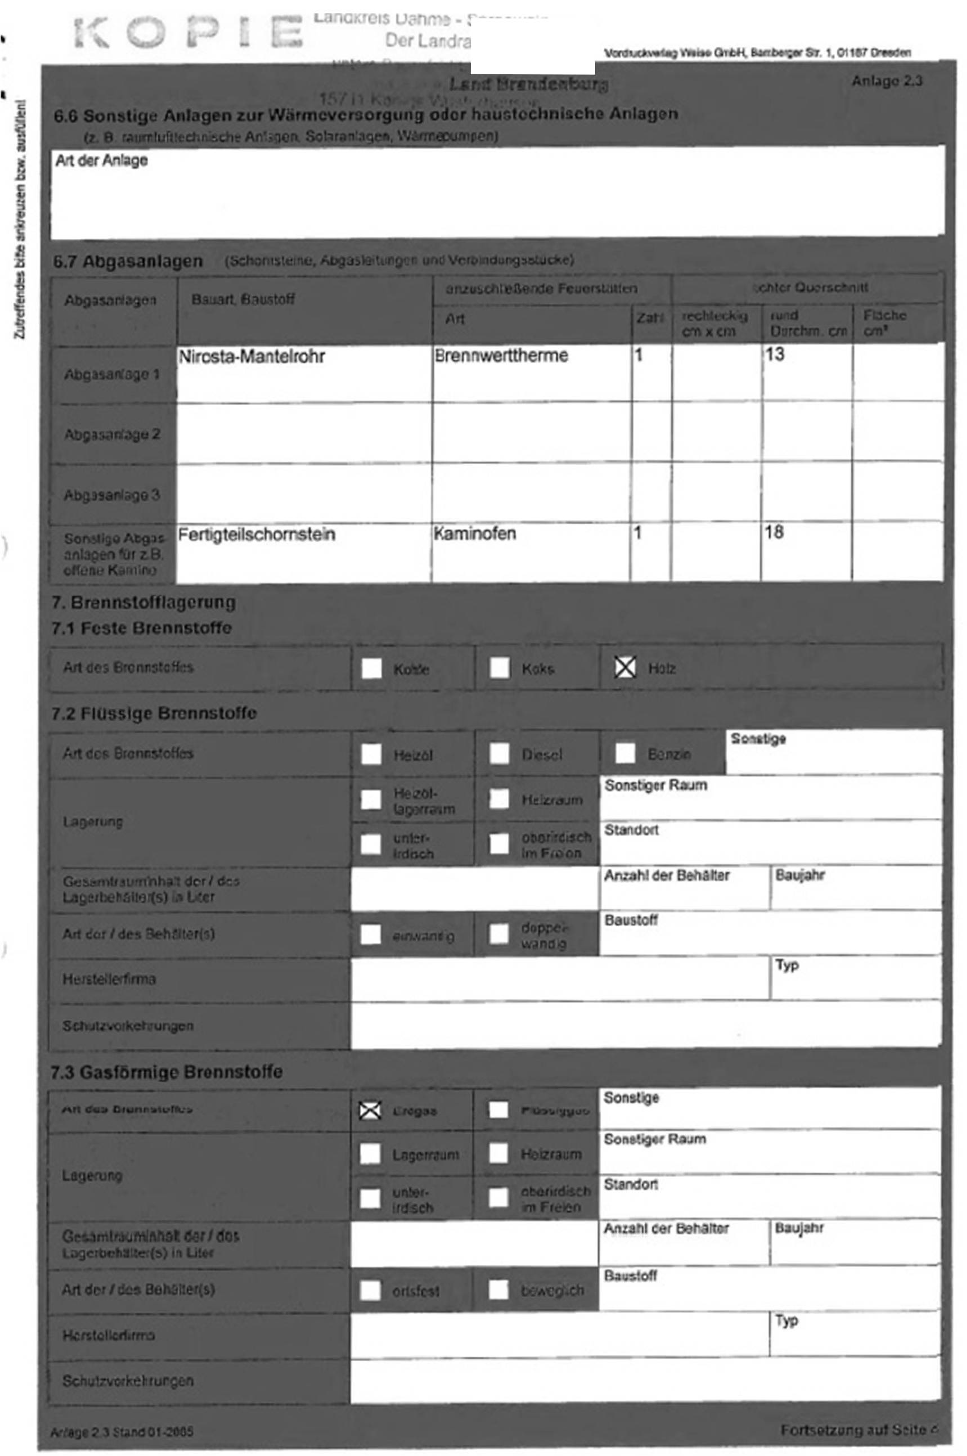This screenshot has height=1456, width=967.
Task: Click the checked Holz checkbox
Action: [625, 667]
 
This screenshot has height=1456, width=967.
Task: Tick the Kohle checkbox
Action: [371, 668]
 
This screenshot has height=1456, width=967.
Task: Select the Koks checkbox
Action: [499, 667]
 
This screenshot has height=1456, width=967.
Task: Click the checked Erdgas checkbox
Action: [370, 1111]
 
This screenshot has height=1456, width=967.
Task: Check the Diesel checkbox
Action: [499, 753]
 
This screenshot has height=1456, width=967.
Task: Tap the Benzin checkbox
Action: [625, 753]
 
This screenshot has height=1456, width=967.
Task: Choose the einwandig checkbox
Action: [370, 934]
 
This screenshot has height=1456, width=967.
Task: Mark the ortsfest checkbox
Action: [370, 1289]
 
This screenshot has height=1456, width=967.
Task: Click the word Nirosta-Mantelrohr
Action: [251, 357]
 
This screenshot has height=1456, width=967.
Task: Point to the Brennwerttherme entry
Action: [501, 356]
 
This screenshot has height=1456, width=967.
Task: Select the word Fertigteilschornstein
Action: [257, 534]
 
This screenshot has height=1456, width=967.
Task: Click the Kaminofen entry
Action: [475, 533]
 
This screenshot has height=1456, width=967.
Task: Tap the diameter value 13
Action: [775, 354]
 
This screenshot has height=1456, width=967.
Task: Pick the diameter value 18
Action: [774, 532]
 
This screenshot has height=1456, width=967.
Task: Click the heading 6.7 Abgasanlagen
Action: [128, 262]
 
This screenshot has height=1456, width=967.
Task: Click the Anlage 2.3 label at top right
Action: [887, 82]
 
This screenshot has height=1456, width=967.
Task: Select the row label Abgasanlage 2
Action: [113, 434]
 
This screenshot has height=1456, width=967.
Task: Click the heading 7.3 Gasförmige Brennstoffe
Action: [167, 1072]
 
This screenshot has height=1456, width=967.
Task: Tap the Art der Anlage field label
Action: [102, 161]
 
